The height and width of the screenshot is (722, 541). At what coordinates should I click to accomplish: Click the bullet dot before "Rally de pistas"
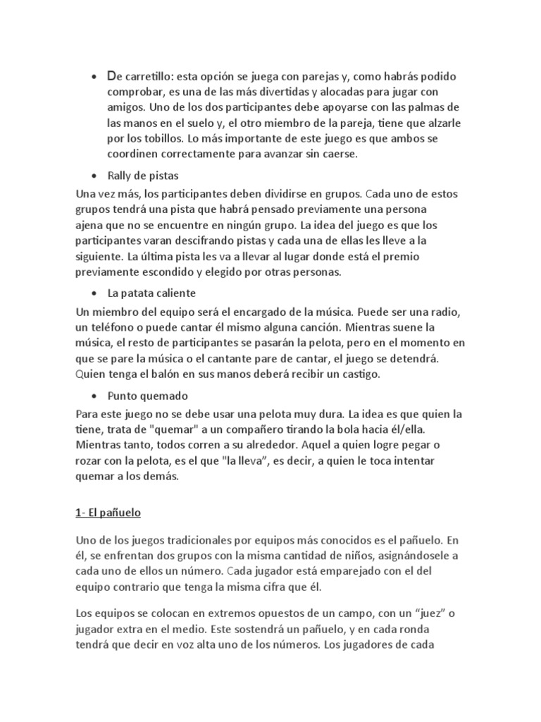(94, 175)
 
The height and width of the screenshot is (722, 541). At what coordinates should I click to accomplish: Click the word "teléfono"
(111, 328)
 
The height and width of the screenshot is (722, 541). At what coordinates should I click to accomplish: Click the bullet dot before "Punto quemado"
(94, 396)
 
